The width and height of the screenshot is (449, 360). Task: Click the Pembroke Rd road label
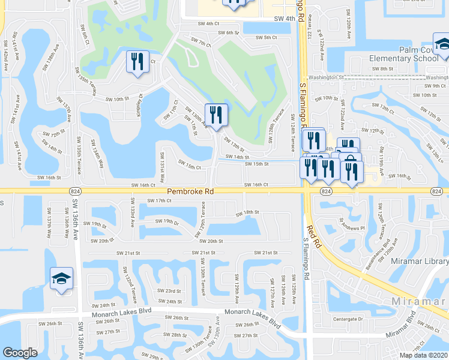[190, 191]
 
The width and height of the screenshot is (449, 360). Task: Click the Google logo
[20, 353]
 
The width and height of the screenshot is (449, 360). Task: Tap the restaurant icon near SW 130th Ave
[216, 115]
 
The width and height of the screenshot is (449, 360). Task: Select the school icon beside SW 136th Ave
[61, 279]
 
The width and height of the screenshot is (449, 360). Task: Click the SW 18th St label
[247, 212]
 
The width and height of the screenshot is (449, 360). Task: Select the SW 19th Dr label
[167, 221]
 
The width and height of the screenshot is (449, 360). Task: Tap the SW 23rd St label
[169, 290]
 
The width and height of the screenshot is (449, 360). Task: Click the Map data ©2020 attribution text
[423, 355]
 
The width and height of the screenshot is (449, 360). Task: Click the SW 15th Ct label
[189, 166]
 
